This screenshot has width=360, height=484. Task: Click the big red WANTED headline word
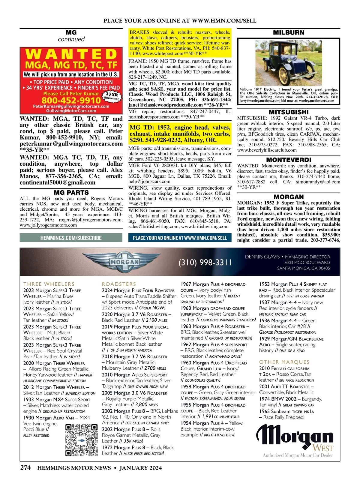pyautogui.click(x=71, y=54)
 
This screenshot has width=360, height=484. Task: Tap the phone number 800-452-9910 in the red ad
pyautogui.click(x=71, y=100)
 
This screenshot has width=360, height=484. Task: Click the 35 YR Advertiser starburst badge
pyautogui.click(x=111, y=96)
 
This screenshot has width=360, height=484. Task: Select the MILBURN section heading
pyautogui.click(x=289, y=32)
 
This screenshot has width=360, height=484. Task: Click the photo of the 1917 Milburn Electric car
pyautogui.click(x=289, y=63)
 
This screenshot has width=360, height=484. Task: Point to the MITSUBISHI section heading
pyautogui.click(x=289, y=112)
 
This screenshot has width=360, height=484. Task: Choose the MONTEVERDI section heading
pyautogui.click(x=289, y=160)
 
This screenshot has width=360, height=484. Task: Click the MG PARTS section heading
pyautogui.click(x=71, y=193)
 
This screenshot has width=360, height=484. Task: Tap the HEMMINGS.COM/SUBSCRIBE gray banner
pyautogui.click(x=71, y=238)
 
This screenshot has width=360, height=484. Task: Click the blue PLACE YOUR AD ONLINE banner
pyautogui.click(x=180, y=238)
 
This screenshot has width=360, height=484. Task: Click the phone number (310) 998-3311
pyautogui.click(x=205, y=263)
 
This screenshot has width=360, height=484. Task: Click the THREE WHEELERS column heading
pyautogui.click(x=49, y=284)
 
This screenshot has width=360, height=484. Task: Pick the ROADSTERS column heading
pyautogui.click(x=119, y=284)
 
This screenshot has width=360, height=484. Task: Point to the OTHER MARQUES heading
pyautogui.click(x=284, y=362)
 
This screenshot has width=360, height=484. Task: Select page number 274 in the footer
pyautogui.click(x=25, y=467)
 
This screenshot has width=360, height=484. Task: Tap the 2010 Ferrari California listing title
pyautogui.click(x=284, y=368)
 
